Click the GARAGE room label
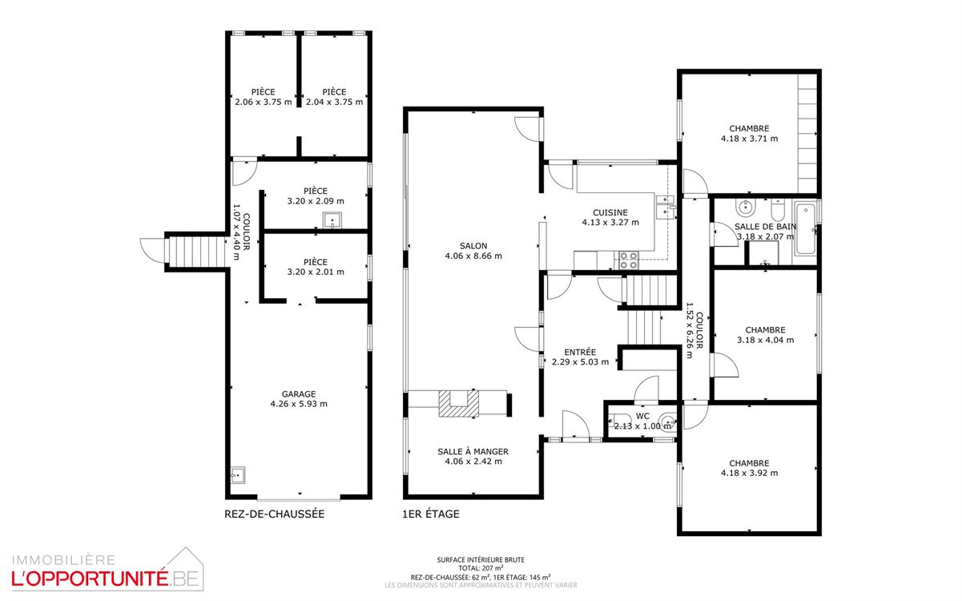pyautogui.click(x=299, y=394)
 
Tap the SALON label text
pyautogui.click(x=473, y=246)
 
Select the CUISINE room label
pyautogui.click(x=610, y=212)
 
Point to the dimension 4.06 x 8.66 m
pyautogui.click(x=473, y=256)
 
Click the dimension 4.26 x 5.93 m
pyautogui.click(x=299, y=404)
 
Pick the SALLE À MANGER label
pyautogui.click(x=473, y=451)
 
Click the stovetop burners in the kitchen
pyautogui.click(x=628, y=260)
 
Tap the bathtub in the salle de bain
pyautogui.click(x=805, y=228)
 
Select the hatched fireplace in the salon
pyautogui.click(x=458, y=404)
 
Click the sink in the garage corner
pyautogui.click(x=237, y=475)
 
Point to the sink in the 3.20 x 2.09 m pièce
pyautogui.click(x=332, y=220)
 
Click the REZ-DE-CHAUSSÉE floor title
pyautogui.click(x=275, y=514)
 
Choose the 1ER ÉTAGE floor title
pyautogui.click(x=431, y=514)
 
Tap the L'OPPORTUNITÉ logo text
pyautogui.click(x=89, y=579)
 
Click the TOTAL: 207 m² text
pyautogui.click(x=481, y=568)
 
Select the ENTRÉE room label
pyautogui.click(x=580, y=353)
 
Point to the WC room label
pyautogui.click(x=642, y=416)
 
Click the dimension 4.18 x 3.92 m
pyautogui.click(x=749, y=473)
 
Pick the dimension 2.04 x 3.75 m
pyautogui.click(x=334, y=103)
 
